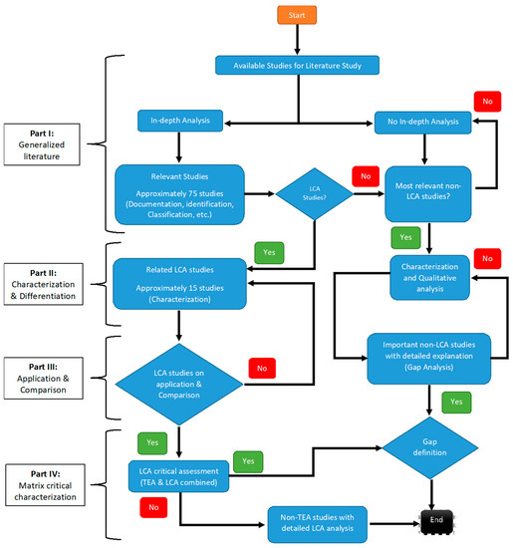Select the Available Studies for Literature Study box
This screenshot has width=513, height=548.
[x=297, y=67]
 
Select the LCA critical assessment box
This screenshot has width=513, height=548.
[x=178, y=474]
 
